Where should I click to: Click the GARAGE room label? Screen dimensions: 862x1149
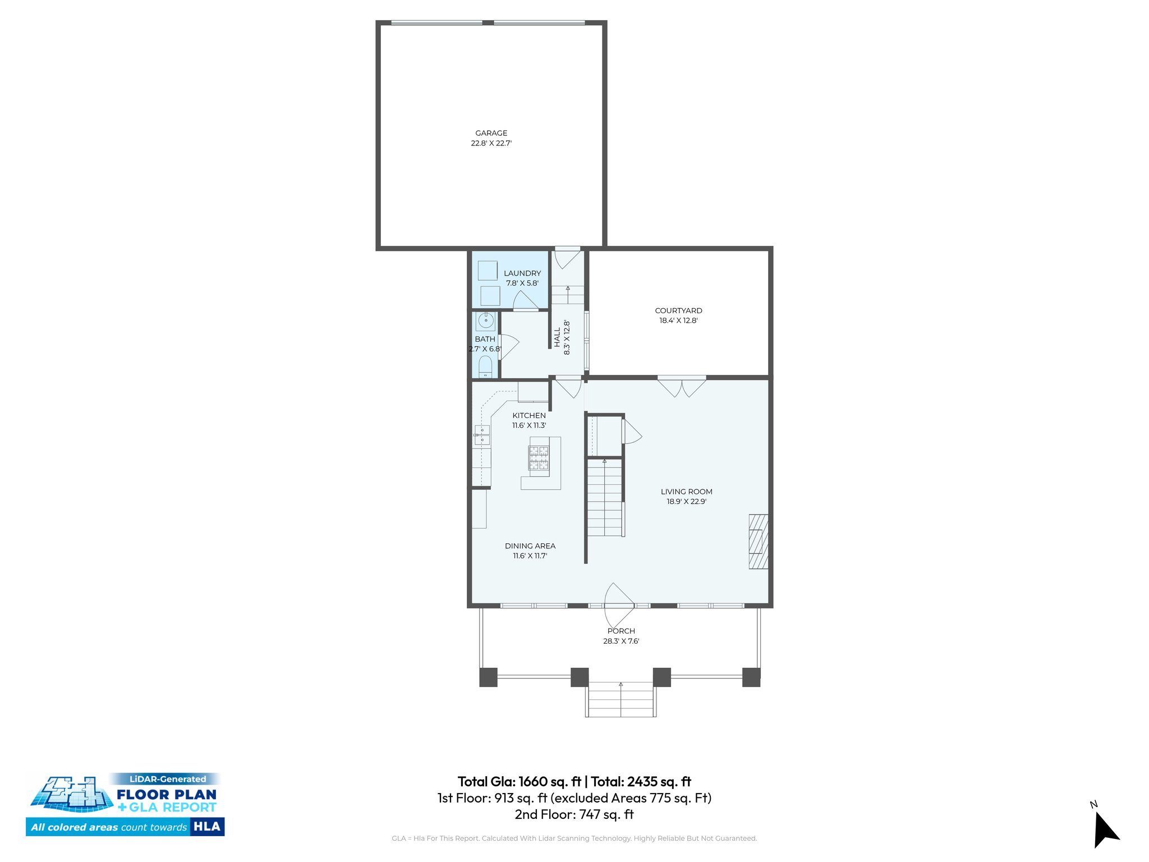click(x=491, y=133)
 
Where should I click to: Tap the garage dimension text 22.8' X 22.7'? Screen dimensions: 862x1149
click(x=491, y=143)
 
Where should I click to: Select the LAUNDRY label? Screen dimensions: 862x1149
click(x=522, y=273)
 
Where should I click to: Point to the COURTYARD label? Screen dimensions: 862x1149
click(x=678, y=310)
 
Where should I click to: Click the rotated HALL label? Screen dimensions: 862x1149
click(x=557, y=338)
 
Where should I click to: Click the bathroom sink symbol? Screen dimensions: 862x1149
click(x=485, y=322)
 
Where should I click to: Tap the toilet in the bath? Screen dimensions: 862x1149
click(x=485, y=368)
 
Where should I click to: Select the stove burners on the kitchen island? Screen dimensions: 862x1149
click(x=539, y=458)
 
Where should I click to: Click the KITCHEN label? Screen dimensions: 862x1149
click(x=528, y=415)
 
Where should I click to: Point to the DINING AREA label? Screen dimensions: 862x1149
click(x=530, y=545)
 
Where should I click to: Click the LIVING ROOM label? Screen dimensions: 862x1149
click(x=686, y=492)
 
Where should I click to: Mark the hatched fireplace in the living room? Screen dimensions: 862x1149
click(x=758, y=542)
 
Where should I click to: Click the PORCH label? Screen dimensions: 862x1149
click(x=621, y=631)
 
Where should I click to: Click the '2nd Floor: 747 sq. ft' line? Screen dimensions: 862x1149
click(x=574, y=814)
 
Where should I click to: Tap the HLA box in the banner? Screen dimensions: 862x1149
click(x=207, y=826)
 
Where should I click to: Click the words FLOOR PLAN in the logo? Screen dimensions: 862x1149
click(x=167, y=794)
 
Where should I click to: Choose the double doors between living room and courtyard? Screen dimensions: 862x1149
click(x=682, y=386)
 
